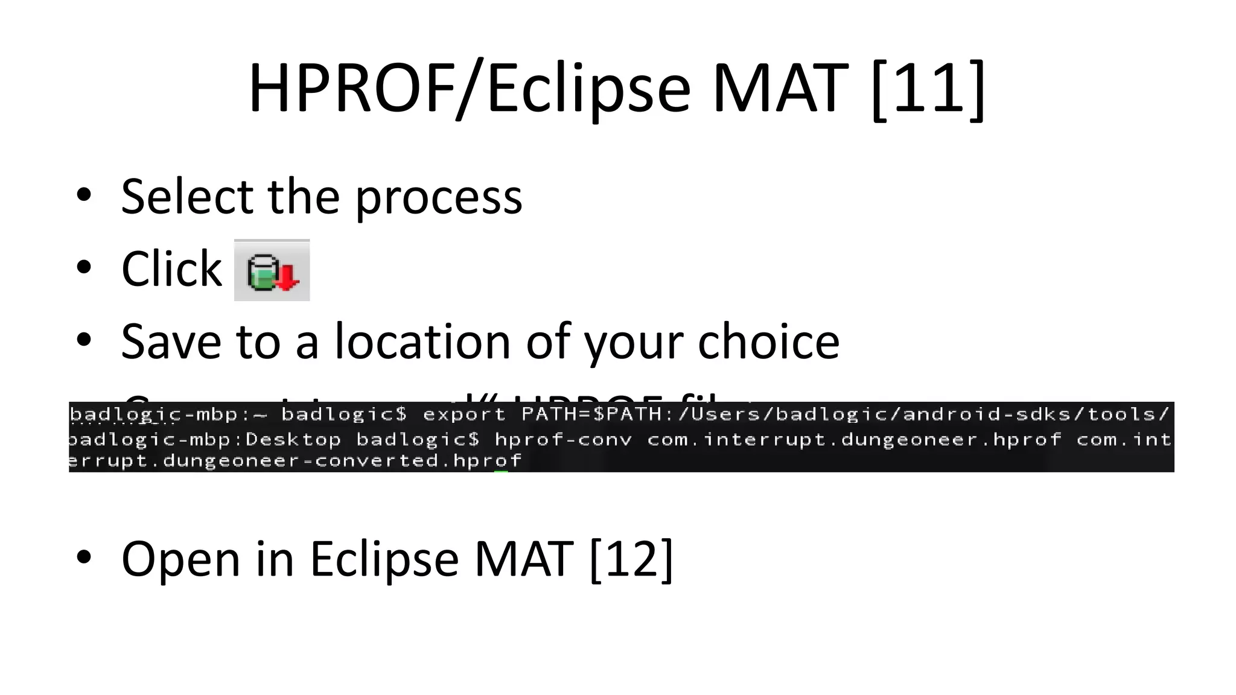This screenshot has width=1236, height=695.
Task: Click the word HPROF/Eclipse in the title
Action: (x=469, y=89)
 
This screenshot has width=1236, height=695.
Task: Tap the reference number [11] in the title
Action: (x=928, y=89)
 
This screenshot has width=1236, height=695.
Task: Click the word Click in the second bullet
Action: (x=171, y=268)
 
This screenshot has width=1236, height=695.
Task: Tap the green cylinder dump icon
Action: (x=264, y=273)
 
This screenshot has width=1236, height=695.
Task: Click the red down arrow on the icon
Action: (x=288, y=278)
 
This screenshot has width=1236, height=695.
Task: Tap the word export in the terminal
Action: (x=463, y=415)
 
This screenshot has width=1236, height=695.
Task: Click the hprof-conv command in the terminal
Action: (x=563, y=440)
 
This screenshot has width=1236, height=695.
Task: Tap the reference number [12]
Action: (x=631, y=559)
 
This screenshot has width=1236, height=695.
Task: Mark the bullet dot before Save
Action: (x=84, y=339)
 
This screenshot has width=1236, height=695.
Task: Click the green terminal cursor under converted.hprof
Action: (x=501, y=471)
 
